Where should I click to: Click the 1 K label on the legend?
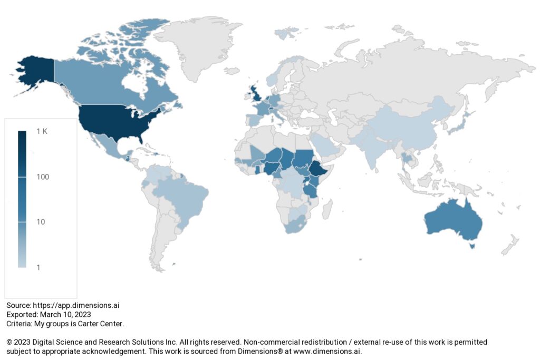[42, 132]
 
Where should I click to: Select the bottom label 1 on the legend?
[38, 267]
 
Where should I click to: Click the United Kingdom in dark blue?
[255, 95]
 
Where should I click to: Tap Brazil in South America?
[187, 195]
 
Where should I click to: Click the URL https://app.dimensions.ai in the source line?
[72, 305]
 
